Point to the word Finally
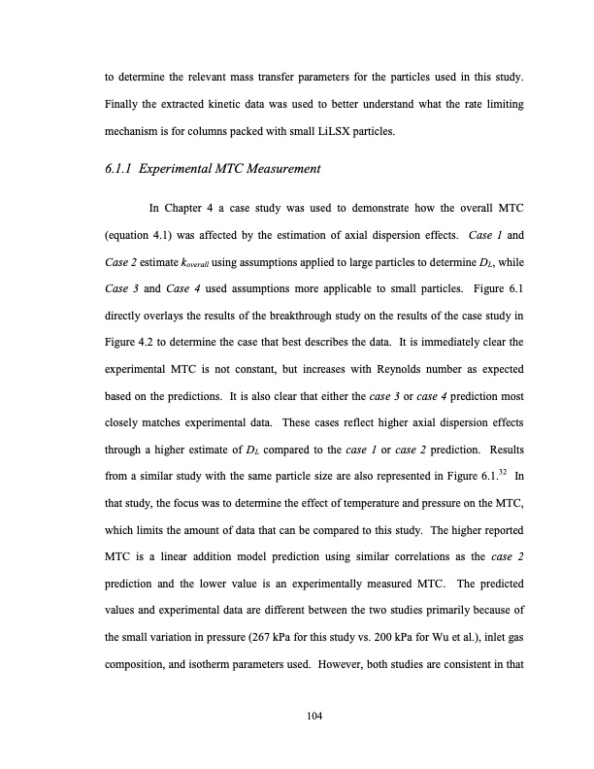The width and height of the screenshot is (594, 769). tap(124, 101)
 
